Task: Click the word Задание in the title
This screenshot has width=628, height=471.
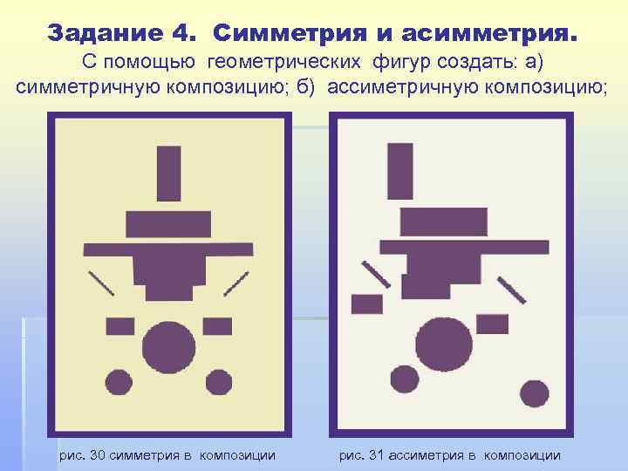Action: [x=103, y=33]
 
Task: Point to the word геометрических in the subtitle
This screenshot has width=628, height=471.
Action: [x=286, y=63]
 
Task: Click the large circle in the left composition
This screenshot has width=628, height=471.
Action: [x=168, y=347]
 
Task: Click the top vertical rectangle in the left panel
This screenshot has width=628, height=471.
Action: [x=168, y=173]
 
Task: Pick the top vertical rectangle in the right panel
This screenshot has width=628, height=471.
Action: [x=400, y=171]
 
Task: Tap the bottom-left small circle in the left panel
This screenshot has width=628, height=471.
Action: [x=119, y=381]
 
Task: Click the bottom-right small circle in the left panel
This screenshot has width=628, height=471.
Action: [x=218, y=381]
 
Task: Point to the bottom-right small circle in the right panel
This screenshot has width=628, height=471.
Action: [x=535, y=393]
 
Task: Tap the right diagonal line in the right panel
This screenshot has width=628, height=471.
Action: [x=512, y=290]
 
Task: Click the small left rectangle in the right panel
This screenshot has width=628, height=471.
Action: [x=366, y=304]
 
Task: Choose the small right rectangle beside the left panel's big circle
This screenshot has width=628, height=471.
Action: [x=217, y=326]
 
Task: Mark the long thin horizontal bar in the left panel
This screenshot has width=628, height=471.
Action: [x=168, y=248]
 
